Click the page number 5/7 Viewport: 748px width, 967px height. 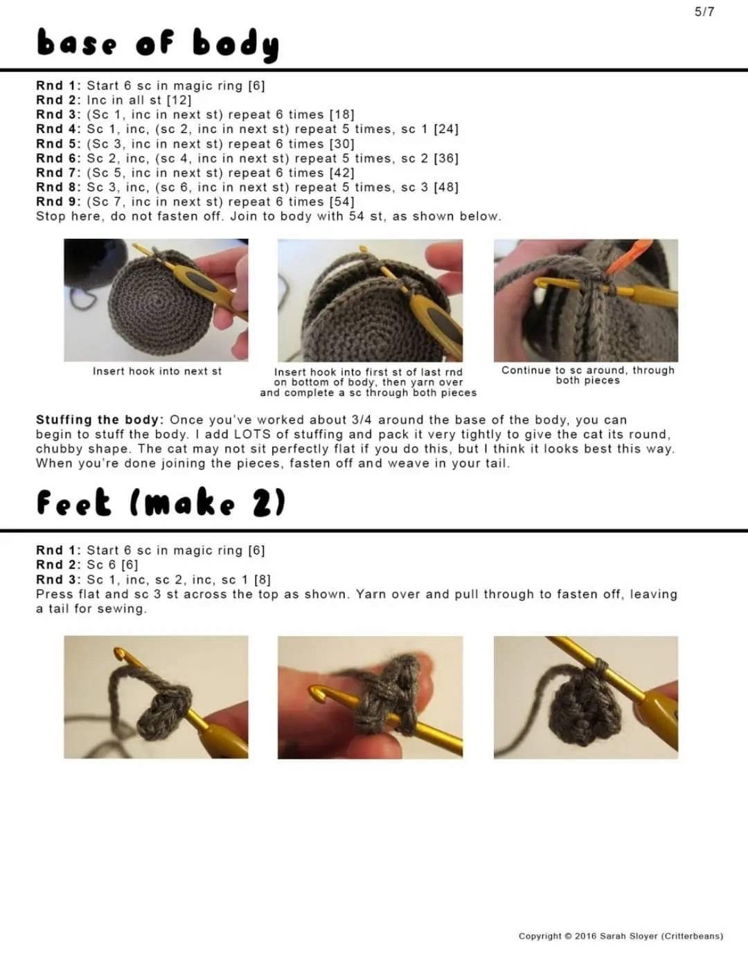[x=704, y=12]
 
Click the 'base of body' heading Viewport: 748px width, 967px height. [x=158, y=44]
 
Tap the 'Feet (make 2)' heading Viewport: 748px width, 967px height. [x=161, y=503]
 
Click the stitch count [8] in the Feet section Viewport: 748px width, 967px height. [x=262, y=579]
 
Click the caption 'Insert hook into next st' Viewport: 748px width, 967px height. [x=157, y=371]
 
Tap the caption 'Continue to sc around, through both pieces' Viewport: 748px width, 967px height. [x=587, y=375]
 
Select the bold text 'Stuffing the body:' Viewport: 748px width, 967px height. [x=100, y=419]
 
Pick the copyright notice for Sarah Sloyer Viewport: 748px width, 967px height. [x=621, y=936]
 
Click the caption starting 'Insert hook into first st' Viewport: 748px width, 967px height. [x=368, y=382]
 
